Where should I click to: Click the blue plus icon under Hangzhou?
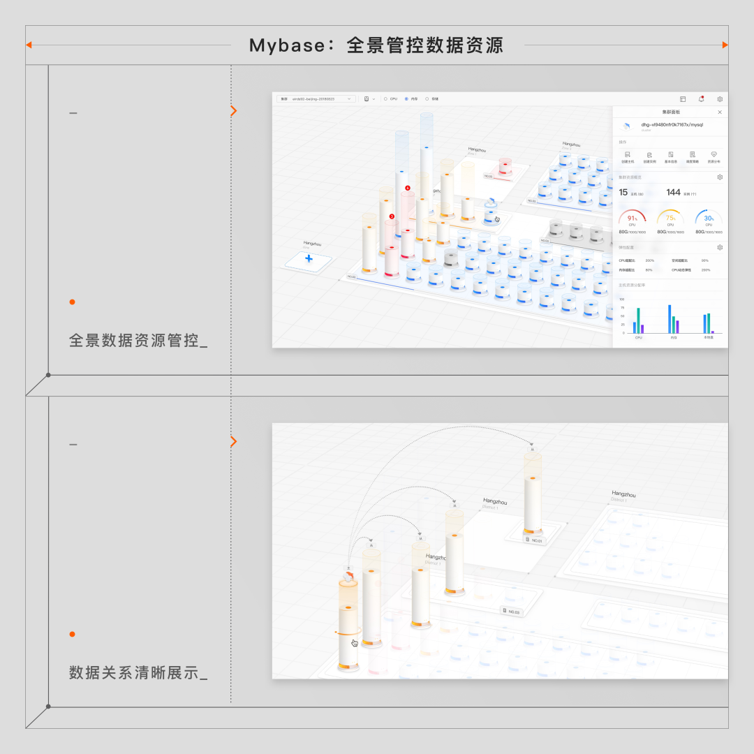(309, 259)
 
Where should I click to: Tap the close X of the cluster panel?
(720, 112)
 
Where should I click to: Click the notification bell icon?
(701, 99)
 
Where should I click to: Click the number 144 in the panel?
(673, 193)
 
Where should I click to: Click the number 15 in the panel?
(623, 193)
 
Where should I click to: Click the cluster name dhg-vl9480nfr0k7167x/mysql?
(672, 125)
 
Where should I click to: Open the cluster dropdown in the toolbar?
(316, 99)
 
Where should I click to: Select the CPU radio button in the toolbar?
(385, 99)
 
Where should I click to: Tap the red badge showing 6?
(408, 188)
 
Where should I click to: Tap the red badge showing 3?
(392, 216)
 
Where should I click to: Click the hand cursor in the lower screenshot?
(355, 643)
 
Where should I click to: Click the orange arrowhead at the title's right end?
(725, 45)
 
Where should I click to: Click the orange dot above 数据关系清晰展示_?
(72, 634)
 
